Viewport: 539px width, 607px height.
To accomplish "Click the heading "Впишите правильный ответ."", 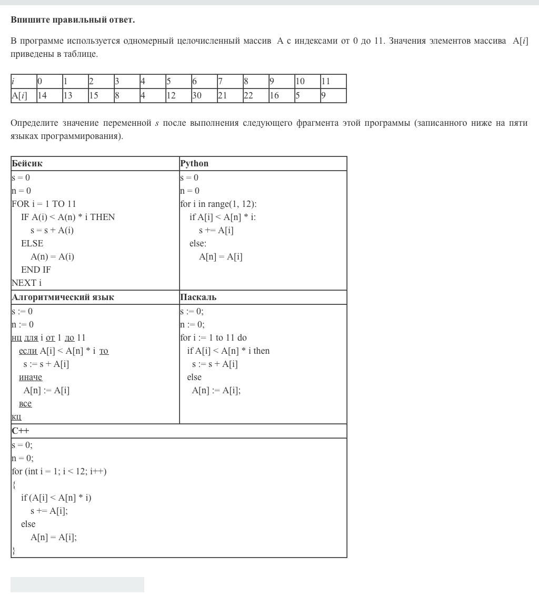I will [73, 20].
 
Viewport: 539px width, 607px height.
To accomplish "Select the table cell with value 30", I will [204, 96].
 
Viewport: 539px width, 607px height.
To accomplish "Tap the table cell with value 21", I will [229, 96].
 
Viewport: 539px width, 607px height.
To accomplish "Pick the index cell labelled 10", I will [307, 82].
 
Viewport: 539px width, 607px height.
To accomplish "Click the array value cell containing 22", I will [255, 96].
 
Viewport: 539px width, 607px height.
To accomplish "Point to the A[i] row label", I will [23, 96].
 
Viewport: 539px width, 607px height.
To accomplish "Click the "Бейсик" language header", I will [27, 164].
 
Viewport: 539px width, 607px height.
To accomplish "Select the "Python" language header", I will [194, 164].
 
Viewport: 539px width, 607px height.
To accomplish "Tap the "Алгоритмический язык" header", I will [63, 297].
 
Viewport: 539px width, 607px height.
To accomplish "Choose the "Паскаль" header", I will [198, 297].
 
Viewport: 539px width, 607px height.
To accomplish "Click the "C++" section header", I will [21, 431].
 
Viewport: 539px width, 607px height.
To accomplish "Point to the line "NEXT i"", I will [26, 283].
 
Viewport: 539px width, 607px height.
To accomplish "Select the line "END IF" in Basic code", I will [36, 270].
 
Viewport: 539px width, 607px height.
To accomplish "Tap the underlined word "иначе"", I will [31, 377].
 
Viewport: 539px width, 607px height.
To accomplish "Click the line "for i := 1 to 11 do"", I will [213, 338].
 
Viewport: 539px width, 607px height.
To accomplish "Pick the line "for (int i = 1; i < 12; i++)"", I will [59, 472].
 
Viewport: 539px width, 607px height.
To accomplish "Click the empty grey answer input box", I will [77, 584].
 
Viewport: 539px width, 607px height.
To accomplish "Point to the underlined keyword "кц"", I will [16, 417].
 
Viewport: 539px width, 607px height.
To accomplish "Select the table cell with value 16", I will [281, 96].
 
